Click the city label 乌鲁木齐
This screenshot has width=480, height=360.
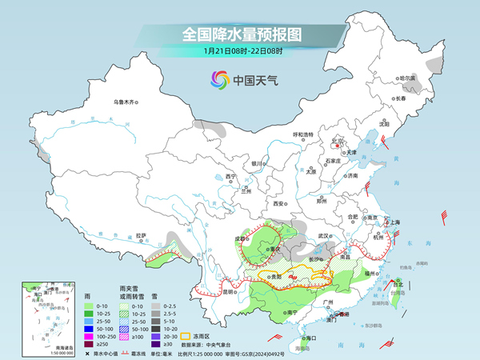pyautogui.click(x=126, y=102)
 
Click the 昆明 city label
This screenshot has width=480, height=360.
pyautogui.click(x=230, y=290)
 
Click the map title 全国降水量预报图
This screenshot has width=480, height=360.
pyautogui.click(x=239, y=34)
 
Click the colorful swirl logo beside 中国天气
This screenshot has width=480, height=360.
pyautogui.click(x=219, y=79)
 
